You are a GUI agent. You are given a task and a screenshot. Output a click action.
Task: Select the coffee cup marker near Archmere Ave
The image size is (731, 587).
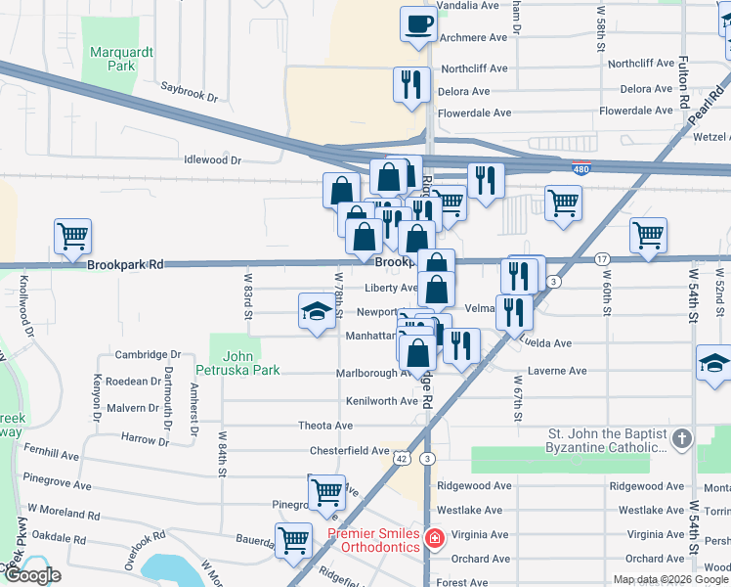(x=418, y=23)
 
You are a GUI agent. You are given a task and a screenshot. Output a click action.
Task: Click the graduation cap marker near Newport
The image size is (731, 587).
(x=316, y=312)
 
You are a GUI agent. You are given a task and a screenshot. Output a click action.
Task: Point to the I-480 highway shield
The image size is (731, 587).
(x=581, y=169)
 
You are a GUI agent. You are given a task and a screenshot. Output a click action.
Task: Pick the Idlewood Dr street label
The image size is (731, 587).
(x=211, y=159)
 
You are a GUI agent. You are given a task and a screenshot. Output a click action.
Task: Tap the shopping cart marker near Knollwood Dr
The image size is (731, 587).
(x=72, y=236)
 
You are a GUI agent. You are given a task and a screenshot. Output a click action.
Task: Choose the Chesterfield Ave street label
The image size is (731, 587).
(x=350, y=451)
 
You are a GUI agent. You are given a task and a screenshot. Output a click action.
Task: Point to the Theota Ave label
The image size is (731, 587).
(x=325, y=426)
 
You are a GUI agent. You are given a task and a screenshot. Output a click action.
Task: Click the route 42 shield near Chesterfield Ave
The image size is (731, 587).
(x=404, y=458)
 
